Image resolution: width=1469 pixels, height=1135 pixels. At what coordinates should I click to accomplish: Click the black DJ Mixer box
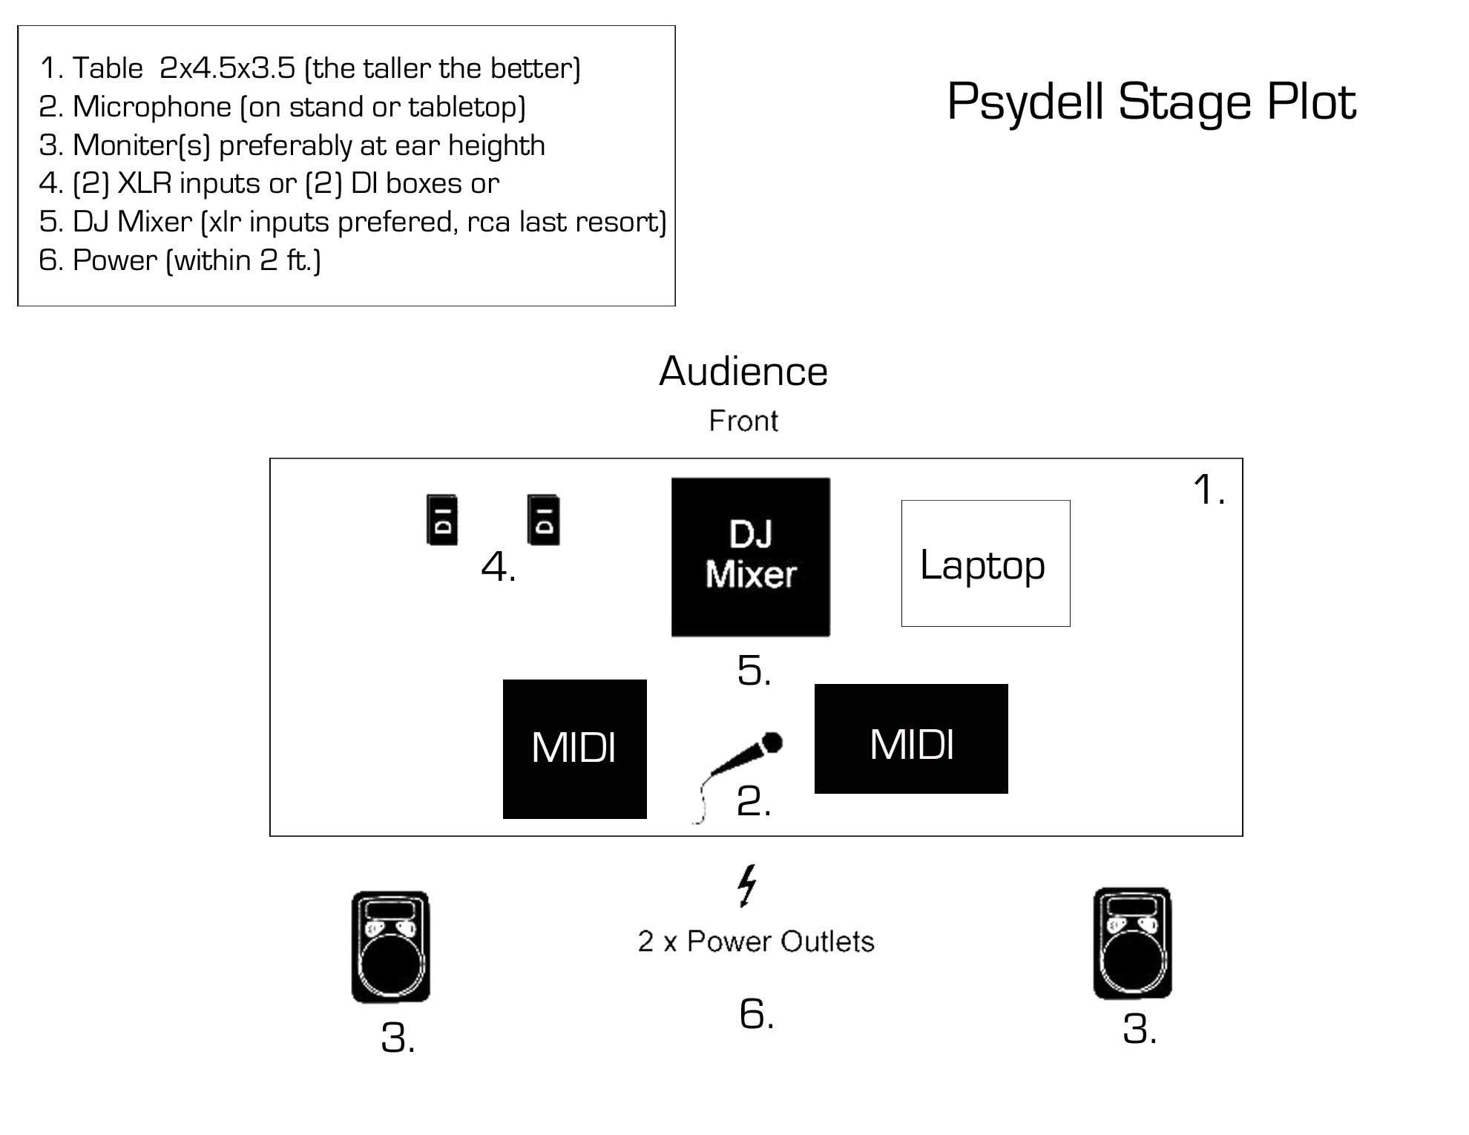tap(750, 556)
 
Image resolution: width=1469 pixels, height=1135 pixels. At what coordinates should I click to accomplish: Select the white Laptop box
tap(985, 563)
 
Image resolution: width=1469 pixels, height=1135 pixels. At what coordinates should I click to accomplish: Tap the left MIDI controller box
tap(574, 749)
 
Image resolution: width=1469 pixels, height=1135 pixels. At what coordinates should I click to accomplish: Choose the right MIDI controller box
tap(910, 739)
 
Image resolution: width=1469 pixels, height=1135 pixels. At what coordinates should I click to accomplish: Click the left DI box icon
tap(442, 520)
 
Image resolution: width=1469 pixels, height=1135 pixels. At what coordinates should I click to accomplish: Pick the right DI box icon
tap(543, 520)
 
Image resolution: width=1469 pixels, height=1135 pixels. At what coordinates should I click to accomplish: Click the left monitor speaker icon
tap(390, 947)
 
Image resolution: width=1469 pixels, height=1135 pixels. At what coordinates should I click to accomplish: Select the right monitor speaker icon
tap(1132, 943)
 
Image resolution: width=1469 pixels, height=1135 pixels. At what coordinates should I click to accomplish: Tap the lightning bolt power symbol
tap(747, 885)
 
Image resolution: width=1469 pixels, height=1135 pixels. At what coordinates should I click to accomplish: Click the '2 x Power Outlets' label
tap(755, 941)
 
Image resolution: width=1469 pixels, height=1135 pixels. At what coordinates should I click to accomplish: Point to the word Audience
tap(743, 371)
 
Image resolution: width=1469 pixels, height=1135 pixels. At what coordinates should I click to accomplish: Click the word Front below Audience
tap(743, 421)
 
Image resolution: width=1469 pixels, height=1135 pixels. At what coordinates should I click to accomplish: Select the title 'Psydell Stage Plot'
tap(1151, 101)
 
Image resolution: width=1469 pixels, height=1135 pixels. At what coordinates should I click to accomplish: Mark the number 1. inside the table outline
tap(1209, 490)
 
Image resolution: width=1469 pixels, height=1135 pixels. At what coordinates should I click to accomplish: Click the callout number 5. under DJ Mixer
tap(754, 671)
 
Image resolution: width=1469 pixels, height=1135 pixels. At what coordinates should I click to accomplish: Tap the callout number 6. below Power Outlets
tap(757, 1013)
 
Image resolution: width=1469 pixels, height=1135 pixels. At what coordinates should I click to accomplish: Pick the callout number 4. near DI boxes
tap(499, 567)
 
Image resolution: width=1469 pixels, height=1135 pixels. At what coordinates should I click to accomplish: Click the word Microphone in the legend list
tap(152, 107)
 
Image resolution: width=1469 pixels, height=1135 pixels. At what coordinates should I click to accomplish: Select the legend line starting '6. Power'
tap(180, 260)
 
